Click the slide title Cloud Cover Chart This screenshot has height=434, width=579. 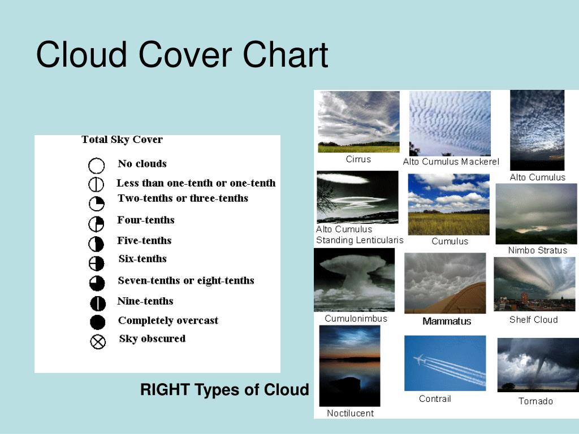point(182,56)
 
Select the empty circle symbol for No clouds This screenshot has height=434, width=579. point(97,166)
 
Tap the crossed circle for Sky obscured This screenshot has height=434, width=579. point(98,341)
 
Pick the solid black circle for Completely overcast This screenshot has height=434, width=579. point(98,322)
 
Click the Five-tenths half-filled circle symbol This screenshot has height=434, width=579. point(97,244)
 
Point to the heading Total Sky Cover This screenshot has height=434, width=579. point(122,140)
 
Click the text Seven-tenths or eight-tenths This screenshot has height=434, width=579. point(185,280)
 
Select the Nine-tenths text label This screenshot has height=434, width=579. point(145,301)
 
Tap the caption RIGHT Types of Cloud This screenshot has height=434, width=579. point(224,389)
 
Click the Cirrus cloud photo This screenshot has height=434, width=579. point(358,121)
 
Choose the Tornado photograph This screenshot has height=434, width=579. point(538,364)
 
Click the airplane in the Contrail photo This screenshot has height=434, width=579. point(419,359)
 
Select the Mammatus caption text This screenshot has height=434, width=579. point(447,321)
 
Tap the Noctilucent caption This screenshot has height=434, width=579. point(350,413)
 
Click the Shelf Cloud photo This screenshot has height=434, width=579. point(534,284)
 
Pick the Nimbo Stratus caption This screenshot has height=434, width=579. point(537,250)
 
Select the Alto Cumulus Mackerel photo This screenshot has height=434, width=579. point(450,123)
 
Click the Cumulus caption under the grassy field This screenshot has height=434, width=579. point(450,241)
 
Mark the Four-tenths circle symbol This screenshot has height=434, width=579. point(96,224)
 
